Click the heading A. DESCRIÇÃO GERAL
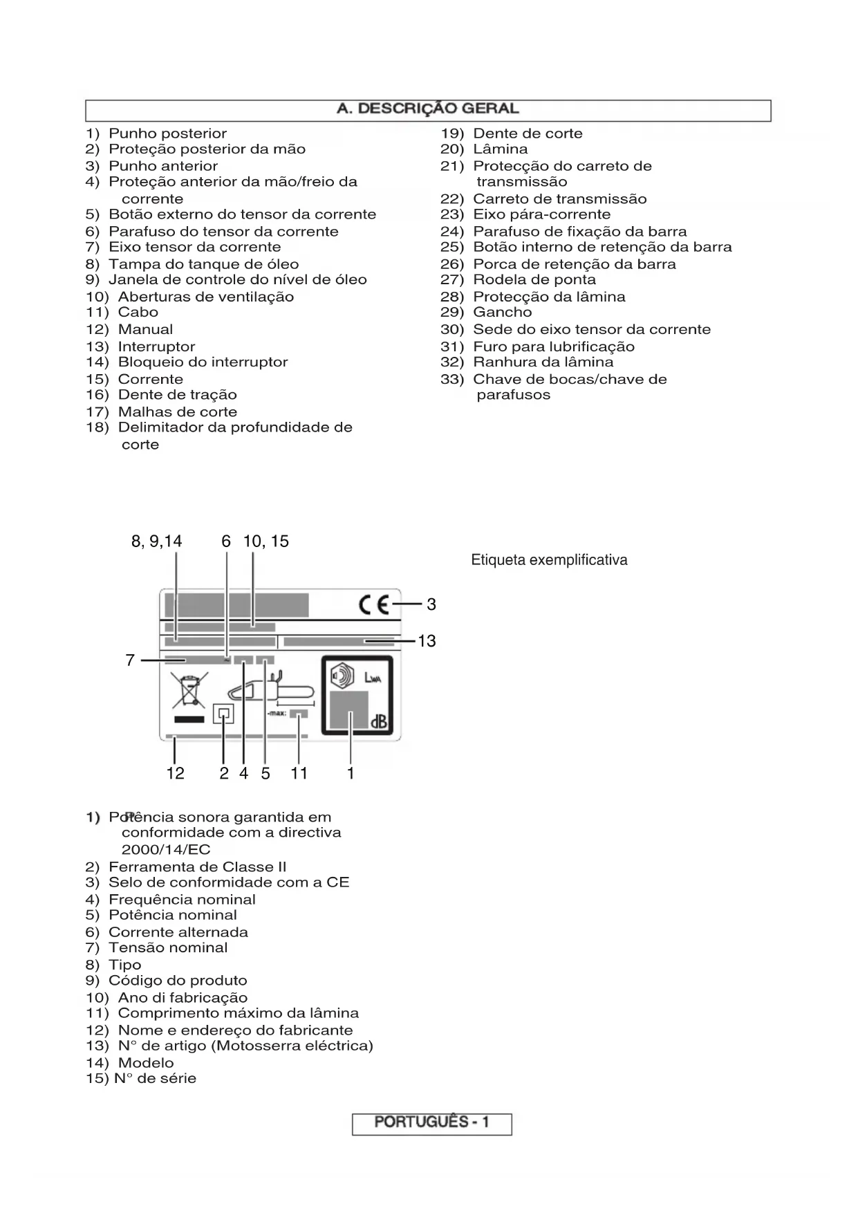tap(427, 109)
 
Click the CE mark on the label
tap(375, 605)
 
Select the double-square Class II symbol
tap(223, 714)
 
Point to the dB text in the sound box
tap(378, 723)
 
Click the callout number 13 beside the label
tap(427, 641)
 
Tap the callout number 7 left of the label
tap(130, 660)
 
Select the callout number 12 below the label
tap(176, 773)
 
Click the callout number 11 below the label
tap(299, 773)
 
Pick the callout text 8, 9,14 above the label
tap(157, 541)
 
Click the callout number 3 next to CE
tap(431, 604)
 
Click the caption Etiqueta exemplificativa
tap(549, 560)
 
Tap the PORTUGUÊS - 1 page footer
tap(431, 1122)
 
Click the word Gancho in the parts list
tap(502, 313)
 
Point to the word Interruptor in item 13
tap(156, 346)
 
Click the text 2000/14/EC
tap(166, 850)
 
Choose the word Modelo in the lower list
tap(146, 1063)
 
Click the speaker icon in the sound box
tap(342, 674)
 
